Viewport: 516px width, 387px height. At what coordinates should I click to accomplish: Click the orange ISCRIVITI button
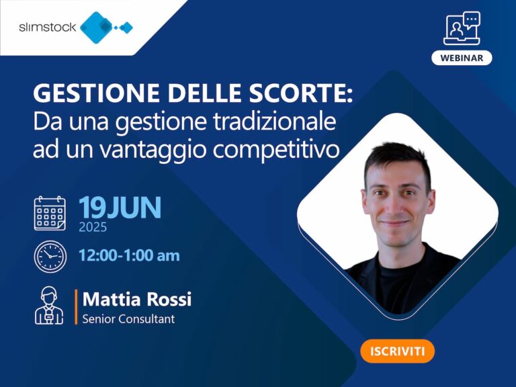click(397, 351)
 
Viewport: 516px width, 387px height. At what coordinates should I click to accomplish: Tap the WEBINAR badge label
click(462, 58)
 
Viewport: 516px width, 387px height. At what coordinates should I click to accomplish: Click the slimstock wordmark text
click(47, 28)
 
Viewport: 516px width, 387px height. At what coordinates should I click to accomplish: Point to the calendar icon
click(50, 214)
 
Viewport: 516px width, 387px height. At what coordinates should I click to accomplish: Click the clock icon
click(50, 256)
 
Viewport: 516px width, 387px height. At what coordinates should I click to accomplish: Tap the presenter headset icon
click(50, 306)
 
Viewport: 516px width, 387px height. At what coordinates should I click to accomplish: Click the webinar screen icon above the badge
click(462, 28)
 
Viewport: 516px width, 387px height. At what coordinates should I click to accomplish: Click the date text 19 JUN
click(120, 208)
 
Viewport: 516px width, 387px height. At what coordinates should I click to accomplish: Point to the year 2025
click(93, 228)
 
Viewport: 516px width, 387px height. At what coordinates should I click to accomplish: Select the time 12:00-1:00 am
click(129, 255)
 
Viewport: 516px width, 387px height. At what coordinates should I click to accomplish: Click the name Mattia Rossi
click(137, 299)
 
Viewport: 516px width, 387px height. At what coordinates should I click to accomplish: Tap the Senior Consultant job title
click(128, 319)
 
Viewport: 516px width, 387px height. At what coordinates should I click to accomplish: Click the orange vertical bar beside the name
click(76, 307)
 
